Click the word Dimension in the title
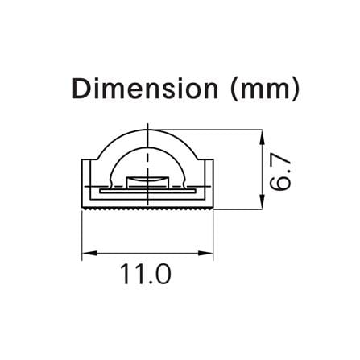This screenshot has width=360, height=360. click(145, 89)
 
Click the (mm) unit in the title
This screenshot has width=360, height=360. click(264, 89)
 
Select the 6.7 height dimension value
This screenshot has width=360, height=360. click(279, 173)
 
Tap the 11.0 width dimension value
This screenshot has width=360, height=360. click(146, 274)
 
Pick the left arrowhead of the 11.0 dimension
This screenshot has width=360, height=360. click(89, 253)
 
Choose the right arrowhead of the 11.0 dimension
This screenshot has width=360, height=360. click(205, 253)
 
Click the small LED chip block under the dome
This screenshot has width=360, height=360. click(147, 181)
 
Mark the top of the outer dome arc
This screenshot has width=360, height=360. click(147, 130)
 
